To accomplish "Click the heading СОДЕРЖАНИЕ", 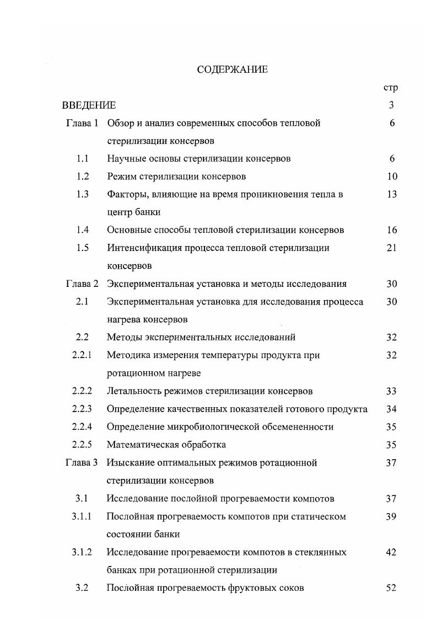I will click(x=232, y=70).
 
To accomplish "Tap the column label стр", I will click(x=390, y=87).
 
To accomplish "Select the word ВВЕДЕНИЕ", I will click(x=89, y=105).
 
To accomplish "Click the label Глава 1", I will click(x=82, y=123).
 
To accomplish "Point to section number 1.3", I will click(x=83, y=194).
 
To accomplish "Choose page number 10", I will click(x=392, y=177).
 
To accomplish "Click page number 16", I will click(x=392, y=230).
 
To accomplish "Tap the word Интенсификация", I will click(x=141, y=248).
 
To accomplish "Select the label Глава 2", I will click(x=82, y=284).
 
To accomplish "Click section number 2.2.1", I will click(x=83, y=355).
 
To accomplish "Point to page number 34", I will click(x=392, y=409).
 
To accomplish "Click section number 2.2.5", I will click(x=83, y=445).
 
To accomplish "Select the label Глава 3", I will click(x=82, y=462).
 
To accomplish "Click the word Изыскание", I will click(x=128, y=462).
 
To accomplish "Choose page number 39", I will click(x=392, y=516).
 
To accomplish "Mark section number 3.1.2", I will click(x=83, y=552).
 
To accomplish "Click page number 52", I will click(x=392, y=588).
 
